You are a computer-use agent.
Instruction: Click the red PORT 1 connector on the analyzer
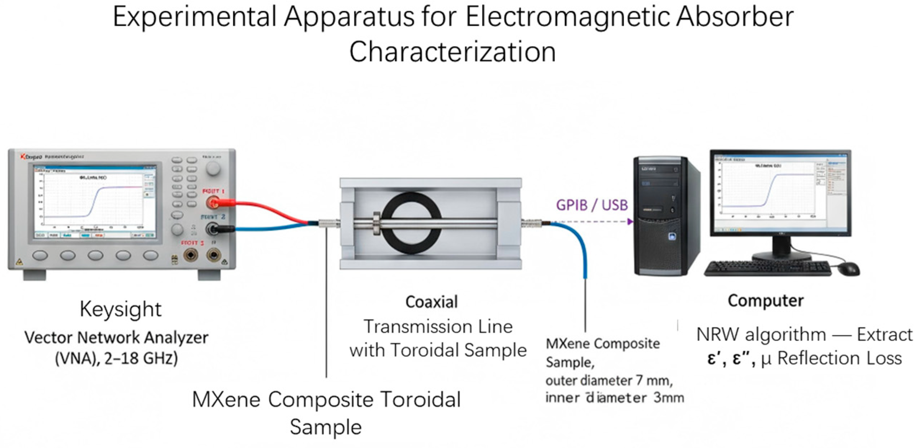click(213, 203)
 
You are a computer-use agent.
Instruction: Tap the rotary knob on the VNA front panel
click(213, 168)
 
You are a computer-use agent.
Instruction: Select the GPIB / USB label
click(591, 205)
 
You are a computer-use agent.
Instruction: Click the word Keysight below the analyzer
click(121, 309)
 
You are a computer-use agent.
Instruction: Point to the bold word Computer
click(766, 301)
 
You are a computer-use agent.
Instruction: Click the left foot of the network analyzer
click(35, 275)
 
